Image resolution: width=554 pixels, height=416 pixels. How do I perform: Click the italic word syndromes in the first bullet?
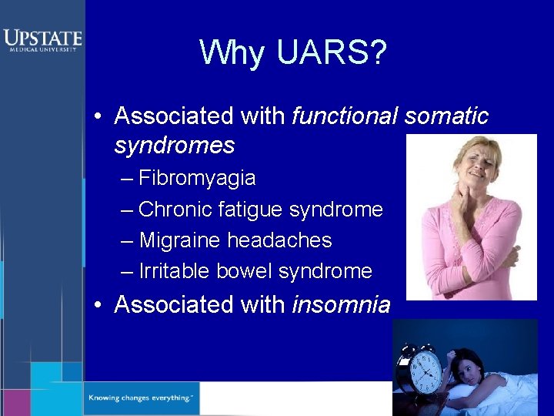click(174, 145)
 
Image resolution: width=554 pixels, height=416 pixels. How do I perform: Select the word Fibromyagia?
click(197, 179)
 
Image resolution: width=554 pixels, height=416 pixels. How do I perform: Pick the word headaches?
click(279, 240)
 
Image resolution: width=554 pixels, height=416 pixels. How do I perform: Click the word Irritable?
click(175, 271)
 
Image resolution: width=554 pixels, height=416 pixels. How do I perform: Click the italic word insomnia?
click(341, 305)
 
